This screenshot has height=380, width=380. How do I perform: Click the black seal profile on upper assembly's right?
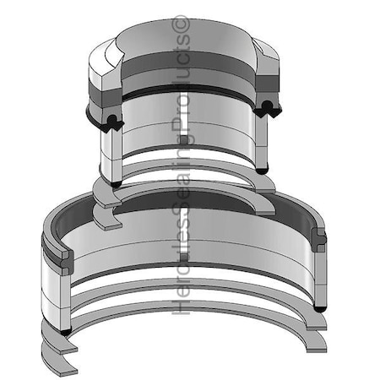coord(269,106)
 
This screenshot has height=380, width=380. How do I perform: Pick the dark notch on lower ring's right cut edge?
coord(319,239)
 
